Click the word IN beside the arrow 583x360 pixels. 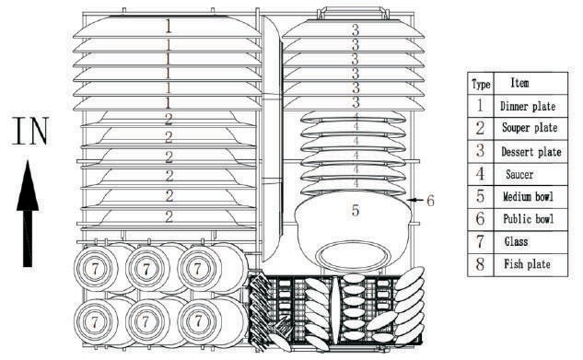click(x=31, y=131)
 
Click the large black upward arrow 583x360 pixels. click(x=28, y=214)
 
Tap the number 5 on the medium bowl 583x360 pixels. click(x=356, y=210)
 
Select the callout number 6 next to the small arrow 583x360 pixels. click(x=430, y=201)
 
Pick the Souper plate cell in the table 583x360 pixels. click(x=531, y=129)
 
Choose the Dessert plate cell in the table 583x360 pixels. click(x=531, y=152)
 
